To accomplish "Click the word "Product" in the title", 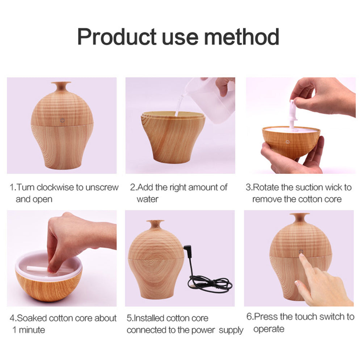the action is click(x=117, y=37).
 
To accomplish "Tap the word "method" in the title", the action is click(x=241, y=37).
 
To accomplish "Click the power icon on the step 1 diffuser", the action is click(x=62, y=120).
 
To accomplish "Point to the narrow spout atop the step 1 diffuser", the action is click(x=61, y=86).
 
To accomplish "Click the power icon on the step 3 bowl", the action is click(x=287, y=142).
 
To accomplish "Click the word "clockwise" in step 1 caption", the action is click(x=55, y=187).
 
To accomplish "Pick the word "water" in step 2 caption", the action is click(x=148, y=199).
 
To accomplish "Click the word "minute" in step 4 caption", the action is click(x=32, y=330).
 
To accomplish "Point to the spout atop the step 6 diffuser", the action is click(x=300, y=218).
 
